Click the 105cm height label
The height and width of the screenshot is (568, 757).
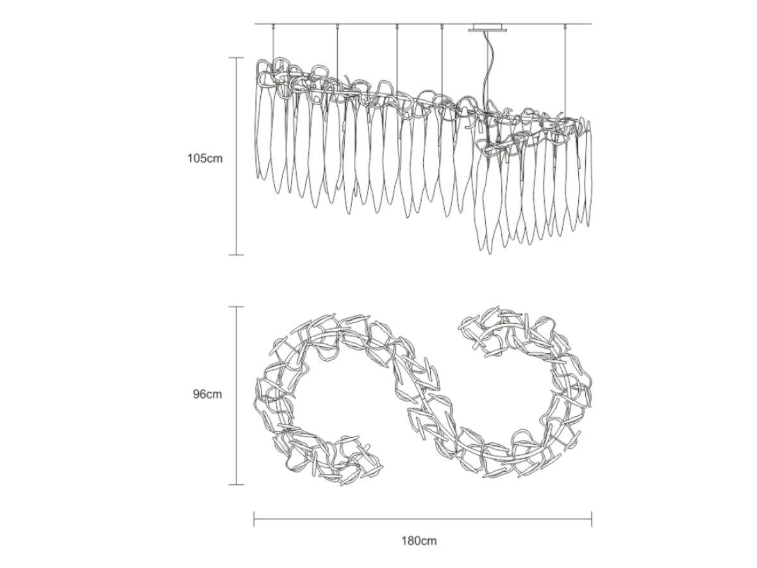(x=205, y=158)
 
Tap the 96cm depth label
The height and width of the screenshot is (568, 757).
(x=208, y=394)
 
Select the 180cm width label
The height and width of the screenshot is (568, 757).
(x=419, y=540)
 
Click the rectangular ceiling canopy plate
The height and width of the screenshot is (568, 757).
(x=488, y=27)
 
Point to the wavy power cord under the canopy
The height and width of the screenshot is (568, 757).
(x=486, y=72)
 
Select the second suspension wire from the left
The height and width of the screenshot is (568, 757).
(x=337, y=53)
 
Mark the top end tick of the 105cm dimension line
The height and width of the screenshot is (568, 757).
(x=236, y=58)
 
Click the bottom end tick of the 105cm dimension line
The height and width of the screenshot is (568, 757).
(x=236, y=255)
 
